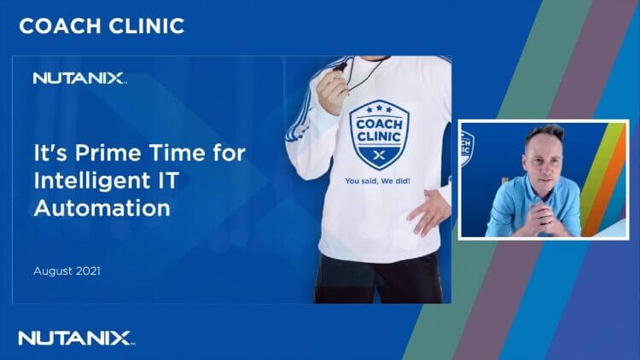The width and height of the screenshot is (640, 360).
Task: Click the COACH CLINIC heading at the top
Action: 102,26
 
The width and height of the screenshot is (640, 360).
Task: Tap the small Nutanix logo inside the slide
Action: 79,78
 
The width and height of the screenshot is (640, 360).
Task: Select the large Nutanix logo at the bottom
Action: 75,338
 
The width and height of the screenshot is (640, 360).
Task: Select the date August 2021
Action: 68,270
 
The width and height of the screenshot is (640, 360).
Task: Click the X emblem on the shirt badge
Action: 381,154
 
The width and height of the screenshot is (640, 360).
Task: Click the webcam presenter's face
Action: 544,153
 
